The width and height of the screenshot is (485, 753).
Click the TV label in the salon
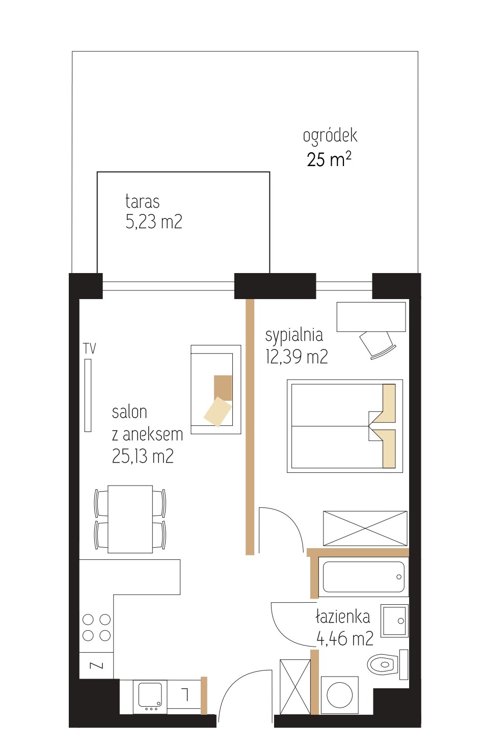click(x=90, y=348)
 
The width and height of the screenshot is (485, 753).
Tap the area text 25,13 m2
click(x=143, y=456)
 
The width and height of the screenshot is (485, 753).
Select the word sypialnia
click(x=294, y=336)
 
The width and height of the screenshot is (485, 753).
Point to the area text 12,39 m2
click(x=297, y=356)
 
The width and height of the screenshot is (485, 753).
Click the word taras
click(x=143, y=202)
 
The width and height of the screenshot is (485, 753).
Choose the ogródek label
click(x=330, y=136)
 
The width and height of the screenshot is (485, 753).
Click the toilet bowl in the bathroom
click(x=383, y=664)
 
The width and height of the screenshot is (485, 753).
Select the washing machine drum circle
click(x=339, y=695)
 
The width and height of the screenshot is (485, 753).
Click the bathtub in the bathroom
click(x=363, y=577)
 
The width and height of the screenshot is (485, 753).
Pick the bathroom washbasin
click(x=394, y=621)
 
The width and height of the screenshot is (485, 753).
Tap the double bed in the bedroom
click(x=344, y=426)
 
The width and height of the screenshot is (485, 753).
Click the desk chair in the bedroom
click(x=377, y=345)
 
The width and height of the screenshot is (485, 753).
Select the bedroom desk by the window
click(x=371, y=317)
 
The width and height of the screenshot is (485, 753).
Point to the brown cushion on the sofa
click(x=223, y=388)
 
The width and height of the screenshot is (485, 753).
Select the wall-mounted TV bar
click(x=88, y=395)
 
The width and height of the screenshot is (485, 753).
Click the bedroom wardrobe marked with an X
click(x=365, y=528)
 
